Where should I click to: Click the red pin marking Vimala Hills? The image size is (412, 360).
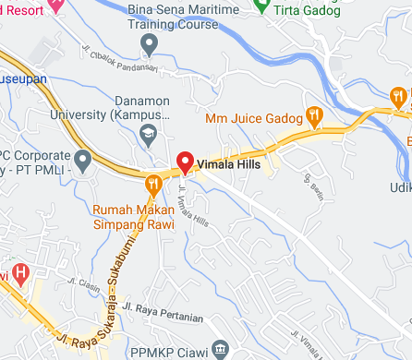pos(184,162)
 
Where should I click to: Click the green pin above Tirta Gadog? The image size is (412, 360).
pos(261,5)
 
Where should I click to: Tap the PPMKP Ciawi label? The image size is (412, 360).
pos(176,350)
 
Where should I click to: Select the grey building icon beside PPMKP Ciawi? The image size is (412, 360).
pos(219,349)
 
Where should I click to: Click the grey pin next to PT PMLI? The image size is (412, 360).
pos(82,163)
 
